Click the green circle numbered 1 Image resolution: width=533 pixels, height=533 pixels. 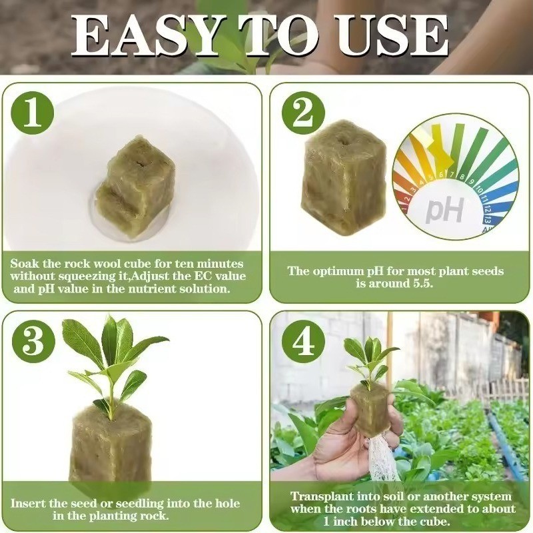33,112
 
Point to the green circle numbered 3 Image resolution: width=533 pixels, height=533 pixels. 33,341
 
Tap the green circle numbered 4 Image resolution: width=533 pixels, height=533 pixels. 303,341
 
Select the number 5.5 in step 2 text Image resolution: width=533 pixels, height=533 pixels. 422,284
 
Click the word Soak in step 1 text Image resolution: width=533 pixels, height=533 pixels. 27,263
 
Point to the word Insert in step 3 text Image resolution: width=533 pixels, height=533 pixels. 29,503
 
